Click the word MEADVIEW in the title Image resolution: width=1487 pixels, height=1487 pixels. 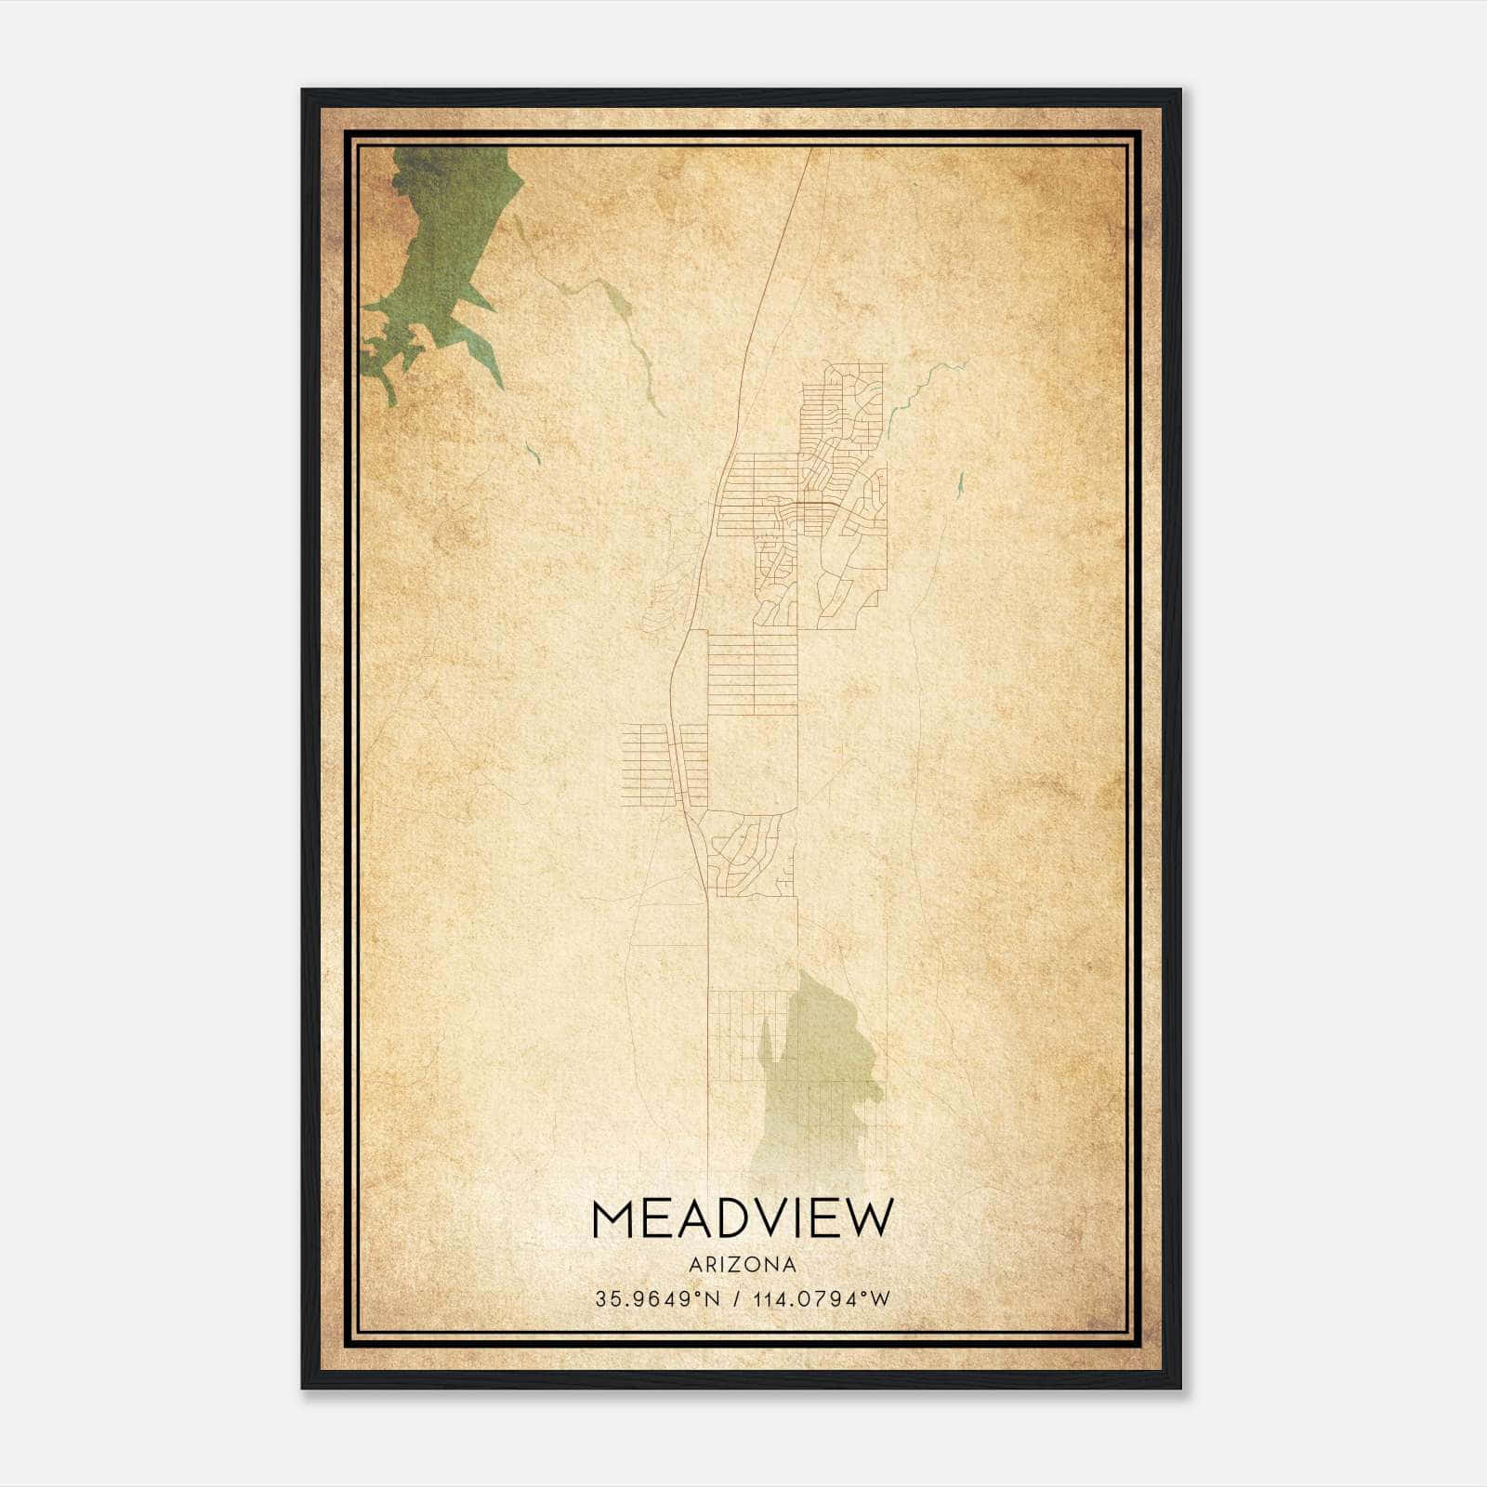pos(742,1218)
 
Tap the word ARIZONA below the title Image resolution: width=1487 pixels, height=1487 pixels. pos(742,1265)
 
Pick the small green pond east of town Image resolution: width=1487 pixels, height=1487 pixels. pos(959,483)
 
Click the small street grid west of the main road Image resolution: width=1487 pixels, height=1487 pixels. pos(643,762)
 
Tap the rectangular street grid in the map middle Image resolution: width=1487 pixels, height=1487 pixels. pos(753,674)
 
